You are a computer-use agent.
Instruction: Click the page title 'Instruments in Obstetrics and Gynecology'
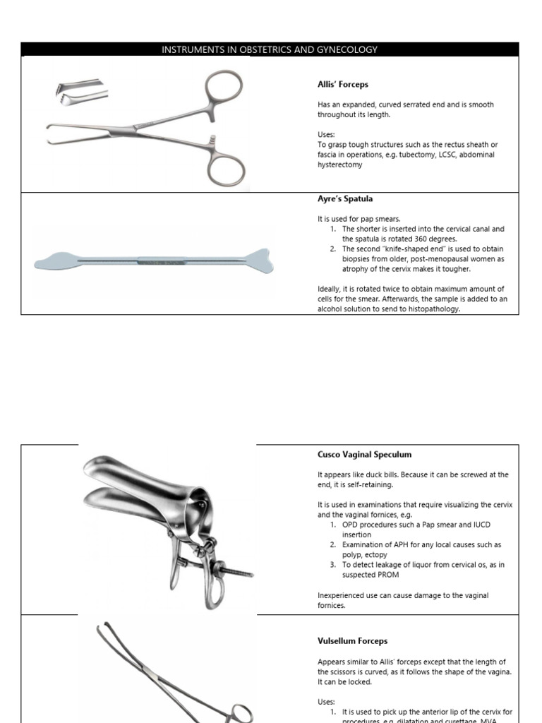pos(270,49)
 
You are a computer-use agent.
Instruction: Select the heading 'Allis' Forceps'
pos(342,85)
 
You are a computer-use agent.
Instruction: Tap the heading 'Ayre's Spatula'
pos(345,199)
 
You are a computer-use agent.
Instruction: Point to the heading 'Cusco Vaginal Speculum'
pos(364,455)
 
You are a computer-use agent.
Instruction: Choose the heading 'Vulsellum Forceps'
pos(352,641)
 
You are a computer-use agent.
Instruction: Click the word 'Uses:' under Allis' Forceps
pos(326,134)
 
